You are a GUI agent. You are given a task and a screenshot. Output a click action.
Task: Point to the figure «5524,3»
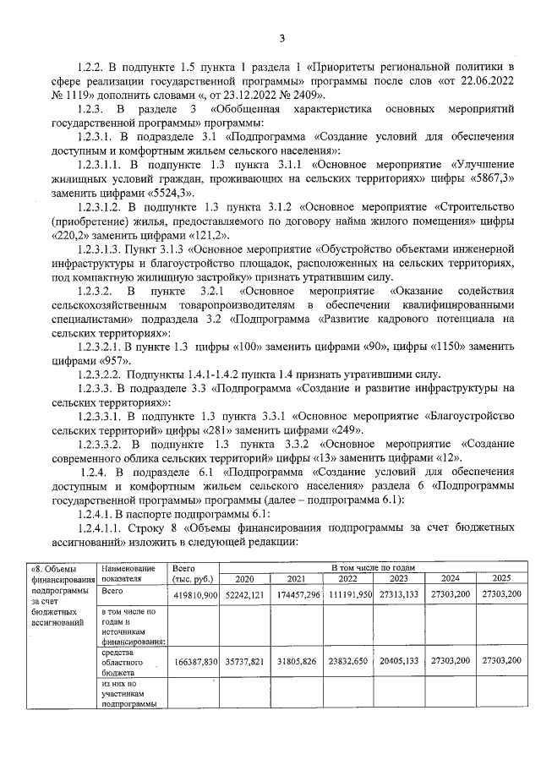click(x=169, y=193)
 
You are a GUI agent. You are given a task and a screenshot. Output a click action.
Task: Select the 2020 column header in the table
click(x=243, y=579)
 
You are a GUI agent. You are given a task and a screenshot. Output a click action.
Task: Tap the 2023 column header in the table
click(x=399, y=579)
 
